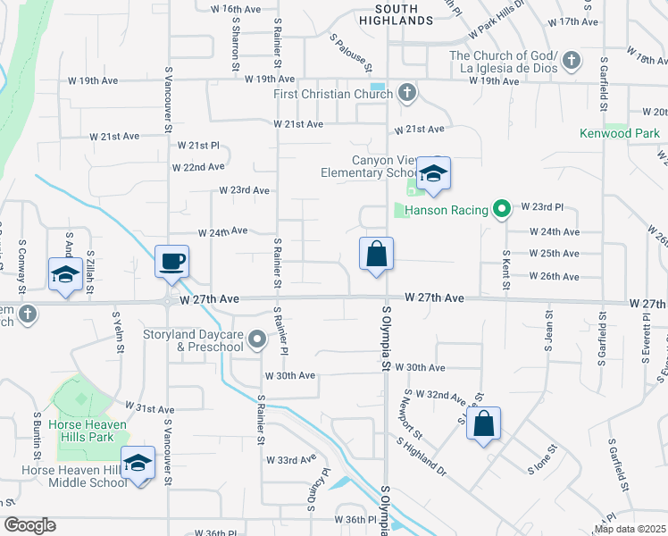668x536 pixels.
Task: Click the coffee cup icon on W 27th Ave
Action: coord(172,261)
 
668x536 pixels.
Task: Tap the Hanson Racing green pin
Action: coord(502,211)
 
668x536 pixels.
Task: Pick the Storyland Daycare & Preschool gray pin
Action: coord(258,339)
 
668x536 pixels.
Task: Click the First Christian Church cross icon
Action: coord(406,92)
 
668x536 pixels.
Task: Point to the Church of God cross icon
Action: coord(572,62)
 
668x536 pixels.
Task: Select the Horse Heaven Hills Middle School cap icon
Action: coord(138,463)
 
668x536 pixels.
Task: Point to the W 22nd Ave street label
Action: coord(198,167)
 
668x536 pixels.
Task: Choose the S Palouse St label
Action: coord(350,54)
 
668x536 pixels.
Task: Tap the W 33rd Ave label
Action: coord(291,460)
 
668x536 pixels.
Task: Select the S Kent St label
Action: coord(505,265)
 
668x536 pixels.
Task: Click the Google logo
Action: coord(30,525)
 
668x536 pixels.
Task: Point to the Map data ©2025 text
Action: coord(630,529)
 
